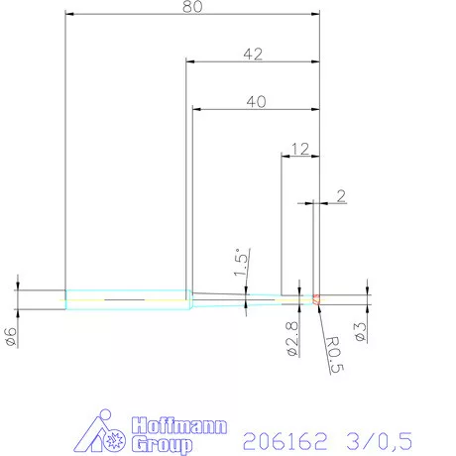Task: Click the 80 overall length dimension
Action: click(x=191, y=7)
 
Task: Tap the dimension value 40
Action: click(x=255, y=101)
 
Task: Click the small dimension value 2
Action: click(x=341, y=196)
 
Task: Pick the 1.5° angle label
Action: click(x=241, y=263)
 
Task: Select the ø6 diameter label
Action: click(x=11, y=336)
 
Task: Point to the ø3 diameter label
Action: click(x=360, y=333)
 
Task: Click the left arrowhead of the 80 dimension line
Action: click(x=68, y=15)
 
